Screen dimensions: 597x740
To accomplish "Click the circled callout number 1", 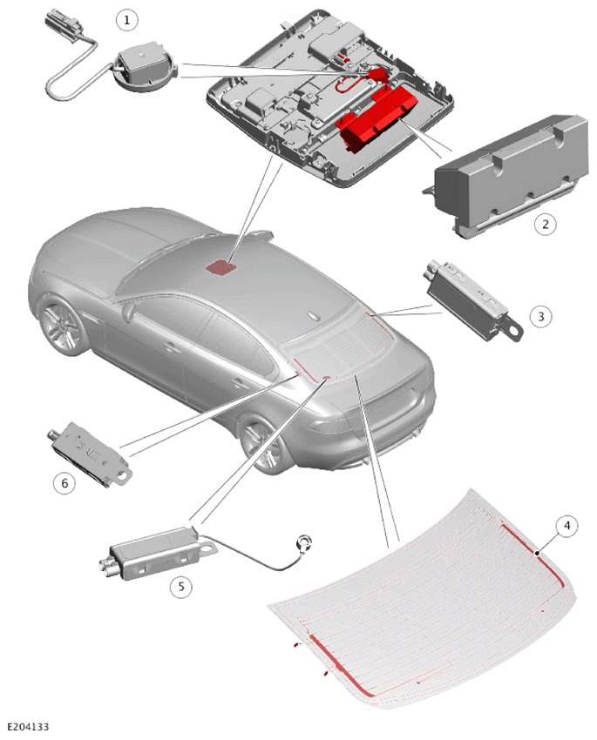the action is tap(126, 20).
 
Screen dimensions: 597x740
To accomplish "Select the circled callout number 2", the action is tap(545, 224).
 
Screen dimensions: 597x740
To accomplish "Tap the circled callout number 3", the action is tap(541, 316).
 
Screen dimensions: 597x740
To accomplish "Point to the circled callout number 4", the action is tap(566, 526).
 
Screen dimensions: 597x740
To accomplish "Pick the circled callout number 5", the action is tap(181, 587).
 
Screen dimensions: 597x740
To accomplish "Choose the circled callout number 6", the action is tap(64, 483).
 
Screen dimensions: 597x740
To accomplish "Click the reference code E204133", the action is tap(28, 727).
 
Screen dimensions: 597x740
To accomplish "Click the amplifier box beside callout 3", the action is tap(469, 299).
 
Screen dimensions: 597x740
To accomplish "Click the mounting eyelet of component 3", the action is tap(512, 330).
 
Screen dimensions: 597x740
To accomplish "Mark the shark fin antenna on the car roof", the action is tap(314, 316).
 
